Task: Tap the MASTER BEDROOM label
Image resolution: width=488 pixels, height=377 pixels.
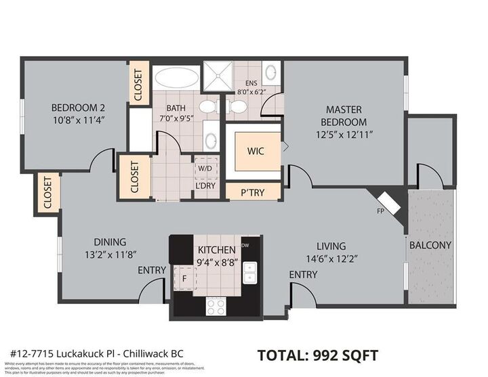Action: pyautogui.click(x=344, y=116)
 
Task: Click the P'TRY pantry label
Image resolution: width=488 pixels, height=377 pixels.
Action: pyautogui.click(x=252, y=193)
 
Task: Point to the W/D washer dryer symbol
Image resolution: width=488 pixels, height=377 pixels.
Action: pyautogui.click(x=205, y=167)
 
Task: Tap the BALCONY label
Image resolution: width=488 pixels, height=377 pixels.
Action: pyautogui.click(x=430, y=245)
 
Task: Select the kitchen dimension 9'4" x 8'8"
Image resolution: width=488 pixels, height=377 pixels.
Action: pyautogui.click(x=216, y=262)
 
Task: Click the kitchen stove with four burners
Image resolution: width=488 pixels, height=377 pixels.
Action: pyautogui.click(x=216, y=307)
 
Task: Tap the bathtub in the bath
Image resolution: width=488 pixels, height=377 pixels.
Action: pyautogui.click(x=176, y=76)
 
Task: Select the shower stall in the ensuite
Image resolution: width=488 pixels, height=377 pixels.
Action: pyautogui.click(x=224, y=75)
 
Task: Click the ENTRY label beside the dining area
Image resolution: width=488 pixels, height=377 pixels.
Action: pyautogui.click(x=152, y=270)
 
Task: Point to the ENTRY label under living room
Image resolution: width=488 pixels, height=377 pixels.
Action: pyautogui.click(x=303, y=274)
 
